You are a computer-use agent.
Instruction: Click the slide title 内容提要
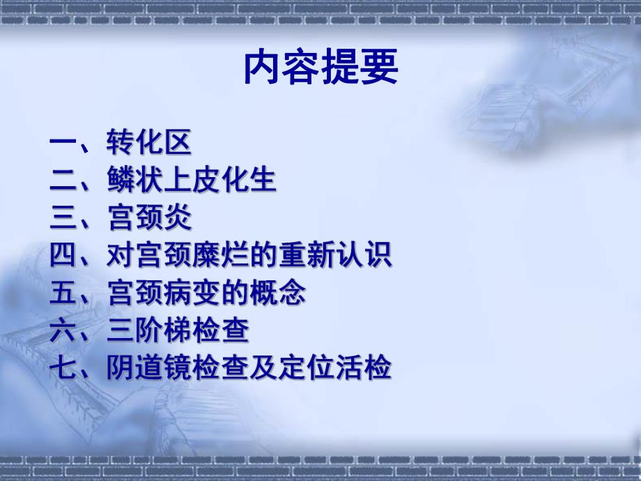click(321, 68)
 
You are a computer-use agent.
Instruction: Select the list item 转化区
click(149, 144)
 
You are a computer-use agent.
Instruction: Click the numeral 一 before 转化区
click(64, 144)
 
